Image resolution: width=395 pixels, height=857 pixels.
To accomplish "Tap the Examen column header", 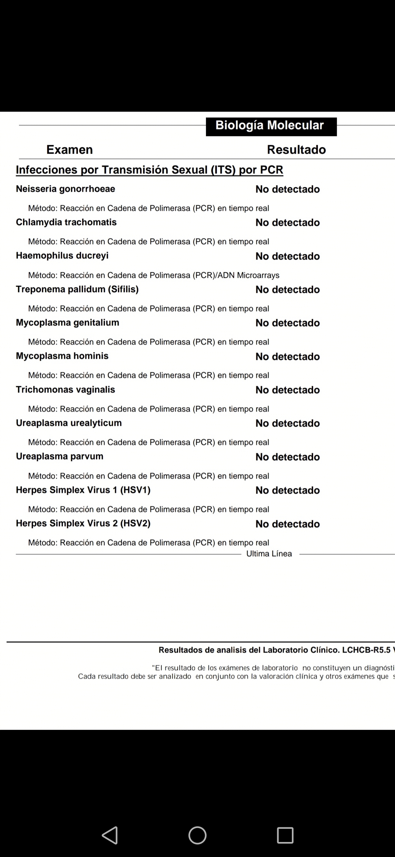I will tap(69, 149).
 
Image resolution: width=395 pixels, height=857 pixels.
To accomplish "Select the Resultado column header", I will tap(296, 149).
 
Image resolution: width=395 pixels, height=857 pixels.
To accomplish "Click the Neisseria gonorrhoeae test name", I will tap(65, 189).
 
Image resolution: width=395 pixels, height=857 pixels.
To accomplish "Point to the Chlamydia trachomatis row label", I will tap(66, 222).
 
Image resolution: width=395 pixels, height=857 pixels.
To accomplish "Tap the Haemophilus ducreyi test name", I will tap(62, 256).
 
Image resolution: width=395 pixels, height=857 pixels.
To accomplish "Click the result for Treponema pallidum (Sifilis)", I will tap(287, 290).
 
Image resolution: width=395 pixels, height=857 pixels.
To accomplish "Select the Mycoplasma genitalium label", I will tap(67, 323).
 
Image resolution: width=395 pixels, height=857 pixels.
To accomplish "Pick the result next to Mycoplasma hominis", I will tap(287, 357).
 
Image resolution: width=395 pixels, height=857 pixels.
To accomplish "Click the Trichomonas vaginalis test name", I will tap(65, 390).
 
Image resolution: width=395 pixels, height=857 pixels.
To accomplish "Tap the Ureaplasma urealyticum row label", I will tap(69, 423).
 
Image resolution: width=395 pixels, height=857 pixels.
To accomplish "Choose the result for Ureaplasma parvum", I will tap(287, 457).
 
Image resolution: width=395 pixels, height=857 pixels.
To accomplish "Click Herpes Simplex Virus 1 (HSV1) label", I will tap(83, 490).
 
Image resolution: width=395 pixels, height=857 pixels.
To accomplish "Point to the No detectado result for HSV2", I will tap(287, 524).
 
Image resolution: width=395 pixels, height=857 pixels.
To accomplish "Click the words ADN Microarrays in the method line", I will tap(248, 275).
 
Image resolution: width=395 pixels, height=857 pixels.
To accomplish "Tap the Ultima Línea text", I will tap(269, 554).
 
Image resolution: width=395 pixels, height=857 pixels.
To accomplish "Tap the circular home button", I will tap(197, 835).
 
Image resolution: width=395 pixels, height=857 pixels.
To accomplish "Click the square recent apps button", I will tap(285, 835).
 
